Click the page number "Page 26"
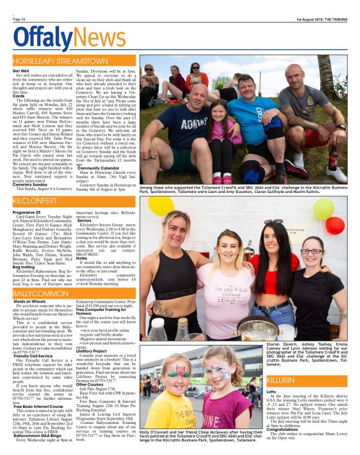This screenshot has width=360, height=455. pos(19,19)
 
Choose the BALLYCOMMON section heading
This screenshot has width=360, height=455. pos(40,292)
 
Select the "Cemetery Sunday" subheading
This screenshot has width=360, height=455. pos(30,184)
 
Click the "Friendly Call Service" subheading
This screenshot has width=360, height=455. pos(34,356)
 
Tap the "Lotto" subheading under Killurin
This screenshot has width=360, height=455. pos(271,392)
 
